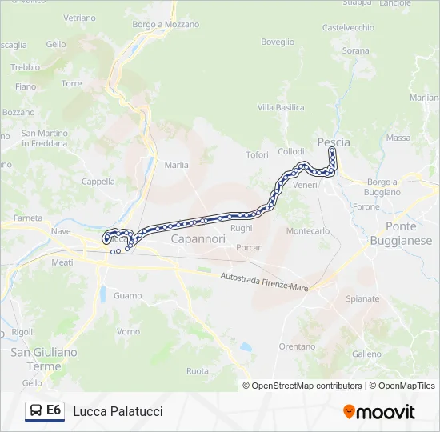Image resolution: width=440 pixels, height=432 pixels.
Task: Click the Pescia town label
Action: (334, 142)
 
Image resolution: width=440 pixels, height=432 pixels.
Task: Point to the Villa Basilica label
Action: (281, 107)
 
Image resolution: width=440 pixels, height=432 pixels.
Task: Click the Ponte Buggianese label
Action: (401, 233)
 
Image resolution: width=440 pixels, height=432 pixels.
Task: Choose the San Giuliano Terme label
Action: (43, 358)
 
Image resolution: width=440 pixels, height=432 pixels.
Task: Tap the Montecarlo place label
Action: (308, 231)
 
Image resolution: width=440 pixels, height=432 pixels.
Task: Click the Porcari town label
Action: (250, 247)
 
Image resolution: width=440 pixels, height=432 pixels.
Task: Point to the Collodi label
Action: (290, 151)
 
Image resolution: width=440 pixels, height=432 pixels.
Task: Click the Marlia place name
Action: (176, 165)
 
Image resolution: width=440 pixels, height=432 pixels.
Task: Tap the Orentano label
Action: (297, 346)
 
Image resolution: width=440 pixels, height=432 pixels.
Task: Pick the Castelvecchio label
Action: (347, 27)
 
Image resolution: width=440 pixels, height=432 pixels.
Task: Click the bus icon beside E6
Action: (36, 411)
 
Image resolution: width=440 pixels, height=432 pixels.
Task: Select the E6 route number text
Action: (54, 410)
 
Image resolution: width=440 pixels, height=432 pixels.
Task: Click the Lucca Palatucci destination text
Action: (118, 411)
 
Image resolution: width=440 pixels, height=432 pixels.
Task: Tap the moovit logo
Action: (379, 412)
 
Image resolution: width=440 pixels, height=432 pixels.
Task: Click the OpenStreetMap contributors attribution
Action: (306, 386)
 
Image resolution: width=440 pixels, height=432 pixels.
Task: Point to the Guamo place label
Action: (128, 295)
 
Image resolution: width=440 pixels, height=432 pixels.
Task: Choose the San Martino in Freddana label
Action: (44, 138)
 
